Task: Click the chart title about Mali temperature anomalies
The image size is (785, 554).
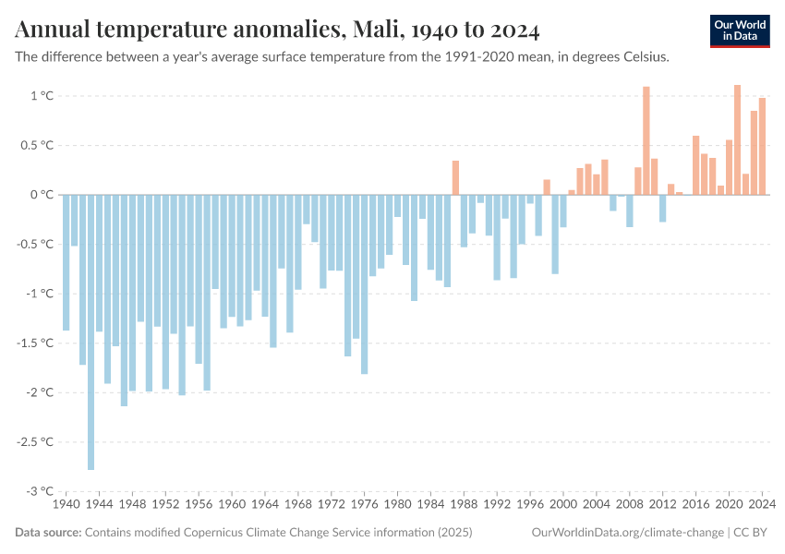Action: (277, 30)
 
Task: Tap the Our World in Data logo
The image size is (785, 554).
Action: (739, 30)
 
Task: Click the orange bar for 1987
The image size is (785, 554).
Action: (455, 177)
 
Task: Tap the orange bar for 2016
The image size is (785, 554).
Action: (696, 165)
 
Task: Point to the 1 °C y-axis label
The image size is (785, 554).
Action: (42, 96)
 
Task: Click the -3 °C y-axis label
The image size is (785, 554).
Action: (40, 491)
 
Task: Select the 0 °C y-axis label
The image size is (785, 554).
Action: (42, 195)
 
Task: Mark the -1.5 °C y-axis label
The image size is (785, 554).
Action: (37, 343)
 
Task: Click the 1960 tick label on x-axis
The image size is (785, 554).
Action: (232, 505)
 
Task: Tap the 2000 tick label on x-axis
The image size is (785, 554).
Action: (563, 505)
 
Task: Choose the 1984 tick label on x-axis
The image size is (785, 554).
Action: (430, 505)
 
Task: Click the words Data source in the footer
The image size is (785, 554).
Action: (48, 533)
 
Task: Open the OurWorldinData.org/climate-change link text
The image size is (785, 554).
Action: (627, 533)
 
